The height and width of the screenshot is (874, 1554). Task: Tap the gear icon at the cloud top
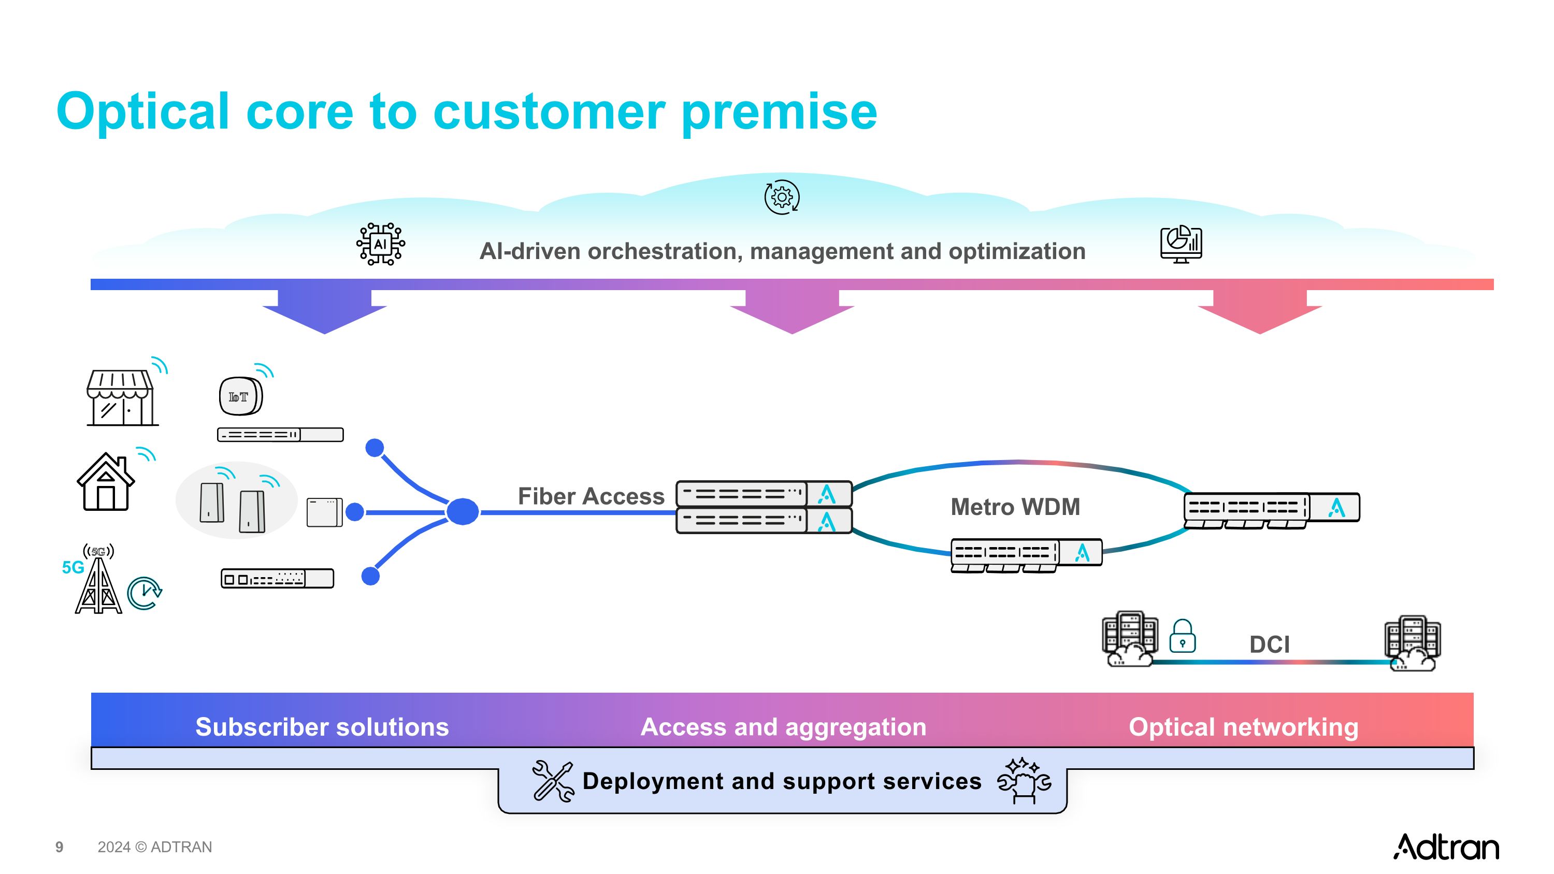782,197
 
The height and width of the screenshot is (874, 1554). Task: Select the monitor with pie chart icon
1181,245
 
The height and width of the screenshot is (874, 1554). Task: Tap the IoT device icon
240,396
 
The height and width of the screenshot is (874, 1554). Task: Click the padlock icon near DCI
1183,636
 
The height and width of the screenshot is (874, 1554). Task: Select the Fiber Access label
591,496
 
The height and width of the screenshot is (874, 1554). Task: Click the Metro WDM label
1015,507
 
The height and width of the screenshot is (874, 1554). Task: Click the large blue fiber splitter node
463,511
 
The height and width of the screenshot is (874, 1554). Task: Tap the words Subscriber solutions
322,727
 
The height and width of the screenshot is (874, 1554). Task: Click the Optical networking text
1243,727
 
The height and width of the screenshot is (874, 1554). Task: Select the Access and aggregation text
783,727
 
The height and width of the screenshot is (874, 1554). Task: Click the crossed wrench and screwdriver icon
553,781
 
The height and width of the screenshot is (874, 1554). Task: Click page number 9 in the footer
59,847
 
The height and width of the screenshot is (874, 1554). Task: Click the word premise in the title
780,112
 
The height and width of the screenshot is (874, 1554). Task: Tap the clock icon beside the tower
144,594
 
